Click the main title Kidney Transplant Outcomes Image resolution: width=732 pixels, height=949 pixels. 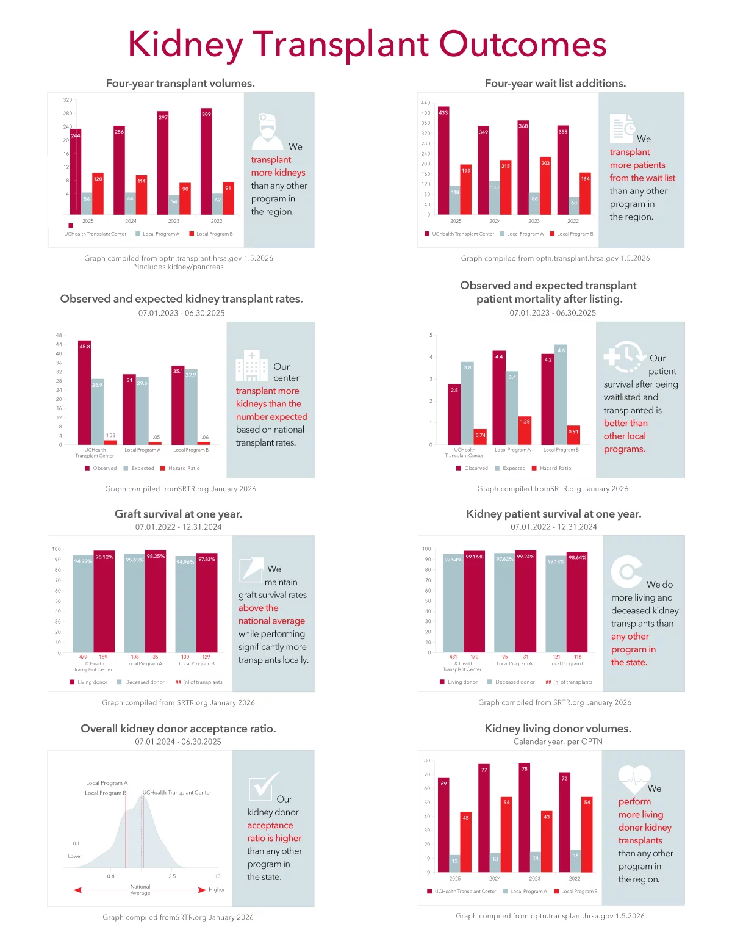367,44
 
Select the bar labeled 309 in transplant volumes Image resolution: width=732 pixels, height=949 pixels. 206,162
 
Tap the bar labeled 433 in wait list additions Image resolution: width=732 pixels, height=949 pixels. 443,162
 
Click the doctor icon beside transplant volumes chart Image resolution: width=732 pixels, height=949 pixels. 267,131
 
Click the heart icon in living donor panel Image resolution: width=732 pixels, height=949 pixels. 634,779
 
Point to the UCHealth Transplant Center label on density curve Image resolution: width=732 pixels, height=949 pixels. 177,793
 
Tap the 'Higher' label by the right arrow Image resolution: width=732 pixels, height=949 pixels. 217,890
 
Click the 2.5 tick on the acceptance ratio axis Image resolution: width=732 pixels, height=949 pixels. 172,876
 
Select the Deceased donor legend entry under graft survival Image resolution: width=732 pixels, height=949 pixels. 145,682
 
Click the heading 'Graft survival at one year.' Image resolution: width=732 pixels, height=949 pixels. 178,514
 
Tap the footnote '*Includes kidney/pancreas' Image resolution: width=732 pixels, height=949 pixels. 179,267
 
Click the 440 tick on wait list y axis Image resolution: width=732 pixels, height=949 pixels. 425,103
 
